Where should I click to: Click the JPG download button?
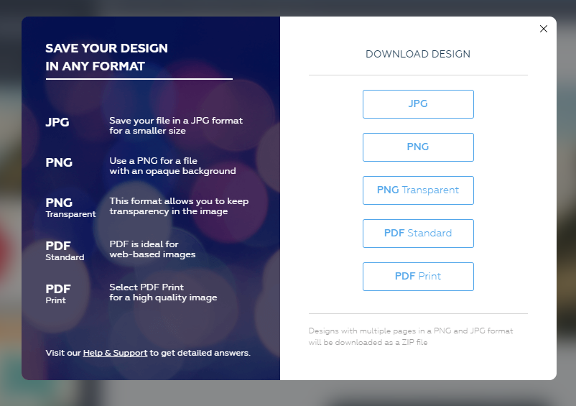coord(418,104)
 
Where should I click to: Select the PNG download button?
coord(418,147)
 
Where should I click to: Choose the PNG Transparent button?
coord(418,190)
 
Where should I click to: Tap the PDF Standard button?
coord(418,234)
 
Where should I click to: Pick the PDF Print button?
coord(418,277)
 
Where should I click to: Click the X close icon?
coord(544,29)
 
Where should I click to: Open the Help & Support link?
coord(115,353)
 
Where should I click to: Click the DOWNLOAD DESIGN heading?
coord(418,54)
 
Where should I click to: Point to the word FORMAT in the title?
coord(119,66)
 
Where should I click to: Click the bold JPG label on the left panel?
coord(57,122)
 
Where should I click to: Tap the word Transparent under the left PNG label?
coord(70,214)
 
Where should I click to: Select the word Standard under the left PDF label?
coord(65,257)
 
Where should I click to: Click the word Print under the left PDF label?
coord(55,300)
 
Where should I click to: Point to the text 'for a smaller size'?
coord(147,131)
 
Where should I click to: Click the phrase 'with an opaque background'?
coord(172,171)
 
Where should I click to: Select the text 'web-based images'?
coord(152,254)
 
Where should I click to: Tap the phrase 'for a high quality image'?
coord(163,297)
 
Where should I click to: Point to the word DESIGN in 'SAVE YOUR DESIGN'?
coord(144,48)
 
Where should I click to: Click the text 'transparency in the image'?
coord(169,211)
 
